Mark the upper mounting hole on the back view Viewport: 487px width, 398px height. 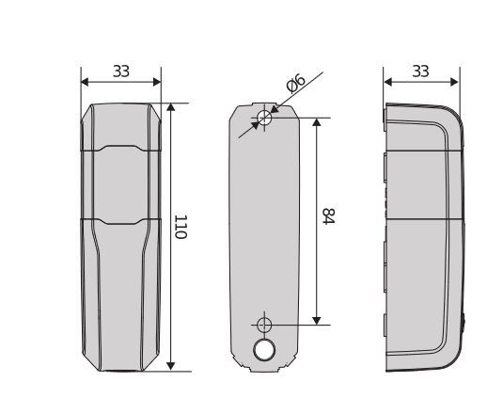[264, 119]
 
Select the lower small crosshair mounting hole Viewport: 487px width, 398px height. [264, 325]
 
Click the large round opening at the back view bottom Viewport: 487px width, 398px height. [264, 350]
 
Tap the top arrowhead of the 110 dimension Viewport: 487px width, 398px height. [170, 108]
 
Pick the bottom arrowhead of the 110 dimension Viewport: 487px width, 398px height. [170, 365]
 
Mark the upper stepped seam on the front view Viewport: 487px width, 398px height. [120, 148]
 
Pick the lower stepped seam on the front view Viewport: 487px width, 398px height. [120, 220]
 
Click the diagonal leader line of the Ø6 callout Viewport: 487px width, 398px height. [310, 79]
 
